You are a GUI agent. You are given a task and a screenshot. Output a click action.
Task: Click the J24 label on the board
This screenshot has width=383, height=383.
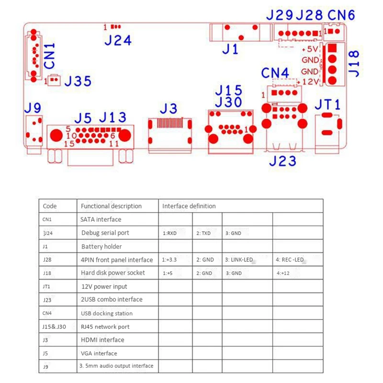118,40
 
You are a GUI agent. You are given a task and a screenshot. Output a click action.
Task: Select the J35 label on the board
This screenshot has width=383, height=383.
78,81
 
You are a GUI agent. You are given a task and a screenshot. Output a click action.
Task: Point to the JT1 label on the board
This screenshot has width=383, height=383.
327,104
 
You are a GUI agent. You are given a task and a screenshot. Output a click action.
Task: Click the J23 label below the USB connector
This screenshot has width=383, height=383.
282,161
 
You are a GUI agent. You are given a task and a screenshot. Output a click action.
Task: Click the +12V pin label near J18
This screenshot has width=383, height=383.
309,82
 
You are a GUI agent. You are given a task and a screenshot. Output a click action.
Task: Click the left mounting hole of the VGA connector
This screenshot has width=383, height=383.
56,135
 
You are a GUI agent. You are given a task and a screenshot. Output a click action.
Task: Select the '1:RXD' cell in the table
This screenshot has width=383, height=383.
170,233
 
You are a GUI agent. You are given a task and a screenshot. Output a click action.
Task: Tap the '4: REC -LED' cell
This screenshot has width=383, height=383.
290,260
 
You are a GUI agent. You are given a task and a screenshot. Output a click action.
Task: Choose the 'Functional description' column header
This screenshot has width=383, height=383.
111,206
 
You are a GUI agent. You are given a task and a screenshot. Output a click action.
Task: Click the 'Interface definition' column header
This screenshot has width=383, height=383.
189,206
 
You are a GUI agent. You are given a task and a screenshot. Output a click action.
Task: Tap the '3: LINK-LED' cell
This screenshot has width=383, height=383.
239,260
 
